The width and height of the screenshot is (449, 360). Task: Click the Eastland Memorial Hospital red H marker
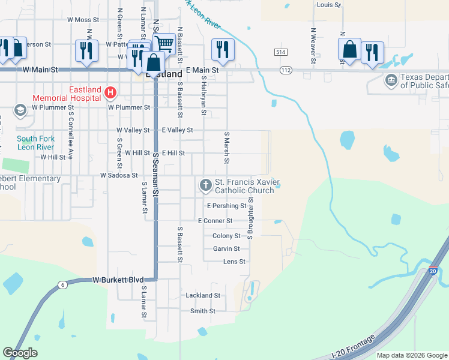click(x=110, y=92)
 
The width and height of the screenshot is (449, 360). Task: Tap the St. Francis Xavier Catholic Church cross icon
click(x=206, y=185)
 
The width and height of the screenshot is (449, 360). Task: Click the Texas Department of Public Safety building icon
click(x=391, y=80)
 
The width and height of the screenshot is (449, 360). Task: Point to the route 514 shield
click(x=280, y=52)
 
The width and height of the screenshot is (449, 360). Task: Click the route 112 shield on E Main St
click(x=286, y=70)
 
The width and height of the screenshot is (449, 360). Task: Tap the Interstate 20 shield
click(x=433, y=271)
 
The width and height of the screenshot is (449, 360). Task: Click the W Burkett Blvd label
click(x=118, y=280)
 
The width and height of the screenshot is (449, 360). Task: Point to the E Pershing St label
click(x=226, y=206)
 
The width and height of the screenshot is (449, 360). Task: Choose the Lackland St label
click(x=203, y=295)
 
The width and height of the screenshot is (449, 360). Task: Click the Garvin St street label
click(x=226, y=248)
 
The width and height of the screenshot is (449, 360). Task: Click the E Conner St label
click(x=219, y=221)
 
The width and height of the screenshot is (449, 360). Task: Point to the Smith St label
click(x=203, y=311)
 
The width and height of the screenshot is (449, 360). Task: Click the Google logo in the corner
click(x=20, y=353)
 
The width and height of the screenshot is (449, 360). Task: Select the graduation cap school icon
click(x=20, y=110)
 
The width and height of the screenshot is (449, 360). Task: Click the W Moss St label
click(x=83, y=20)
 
